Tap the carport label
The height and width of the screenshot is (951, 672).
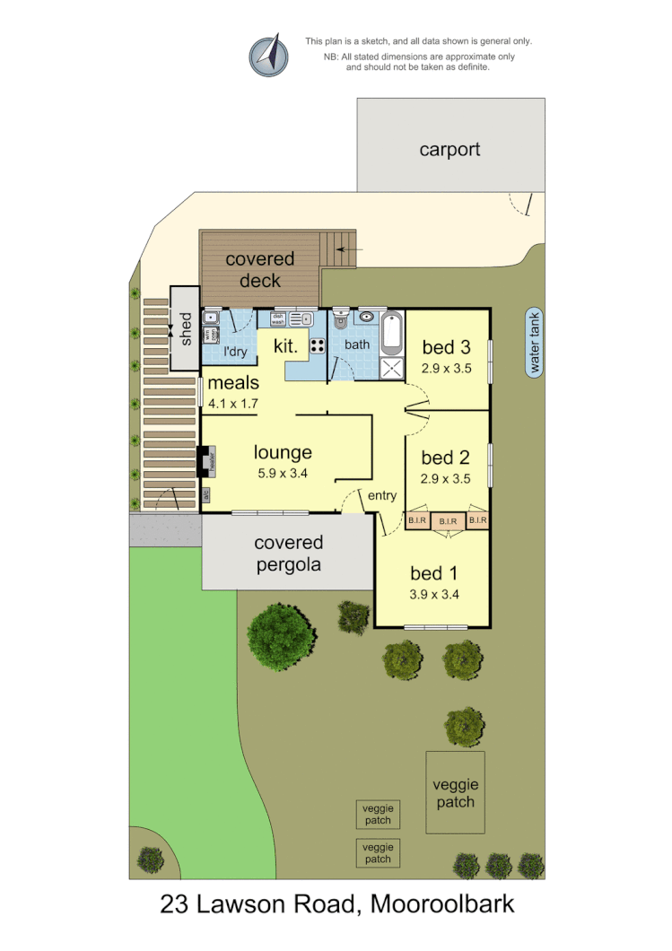tap(449, 150)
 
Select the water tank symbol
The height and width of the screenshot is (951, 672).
tap(536, 343)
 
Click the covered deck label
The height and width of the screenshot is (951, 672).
tap(259, 270)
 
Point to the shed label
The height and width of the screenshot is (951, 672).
tap(186, 328)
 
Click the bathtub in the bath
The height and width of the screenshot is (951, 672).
tap(392, 334)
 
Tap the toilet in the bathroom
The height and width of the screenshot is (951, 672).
tap(340, 320)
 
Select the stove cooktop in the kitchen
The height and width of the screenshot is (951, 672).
tap(318, 345)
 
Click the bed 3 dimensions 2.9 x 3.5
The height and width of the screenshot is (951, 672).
tap(446, 368)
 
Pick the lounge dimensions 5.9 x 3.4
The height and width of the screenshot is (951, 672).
tap(282, 474)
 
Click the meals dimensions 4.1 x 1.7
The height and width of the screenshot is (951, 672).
tap(232, 404)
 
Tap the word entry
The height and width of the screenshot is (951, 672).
tap(381, 495)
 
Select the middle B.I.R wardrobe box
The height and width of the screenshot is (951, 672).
tap(447, 520)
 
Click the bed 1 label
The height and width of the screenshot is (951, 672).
tap(433, 572)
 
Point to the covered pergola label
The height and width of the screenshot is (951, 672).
tap(288, 554)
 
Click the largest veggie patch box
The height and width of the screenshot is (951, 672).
tap(456, 791)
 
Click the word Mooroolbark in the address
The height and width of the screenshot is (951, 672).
tap(441, 904)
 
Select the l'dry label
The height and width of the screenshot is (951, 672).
tap(234, 352)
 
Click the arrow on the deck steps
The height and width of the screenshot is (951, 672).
tap(350, 249)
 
